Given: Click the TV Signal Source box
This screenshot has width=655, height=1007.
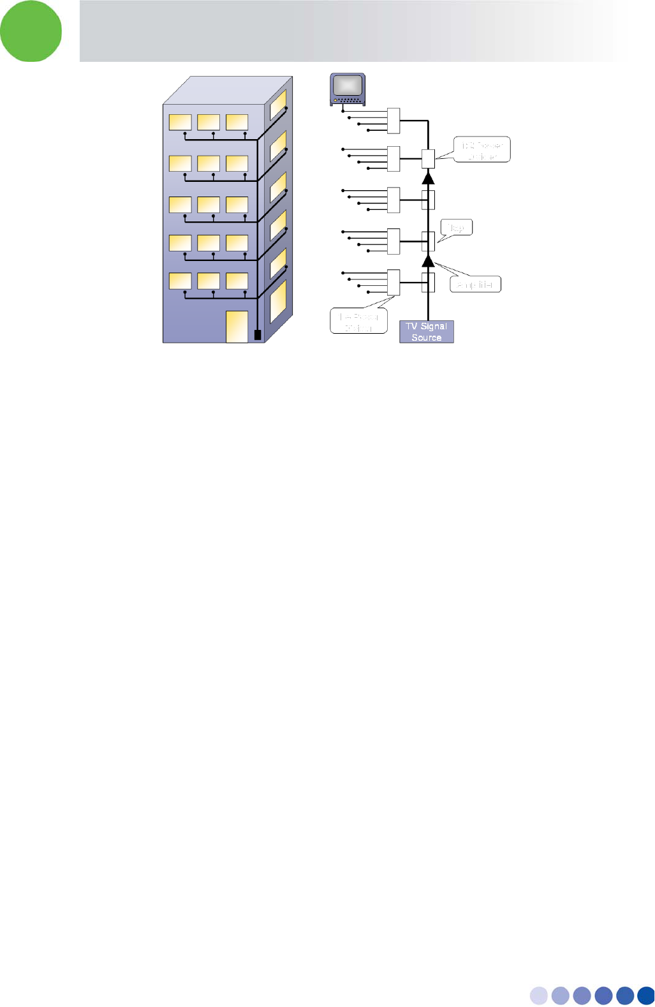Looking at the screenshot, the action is [426, 332].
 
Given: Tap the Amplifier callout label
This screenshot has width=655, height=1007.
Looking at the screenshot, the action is [475, 285].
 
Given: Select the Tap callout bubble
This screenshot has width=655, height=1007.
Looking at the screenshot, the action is [456, 227].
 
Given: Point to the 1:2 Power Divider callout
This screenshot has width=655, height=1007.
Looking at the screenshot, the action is [482, 150].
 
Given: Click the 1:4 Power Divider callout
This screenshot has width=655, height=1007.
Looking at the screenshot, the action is [358, 321].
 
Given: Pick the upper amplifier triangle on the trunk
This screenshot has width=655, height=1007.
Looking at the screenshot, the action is [428, 177].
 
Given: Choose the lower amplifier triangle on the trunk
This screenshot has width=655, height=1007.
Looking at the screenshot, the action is [428, 260].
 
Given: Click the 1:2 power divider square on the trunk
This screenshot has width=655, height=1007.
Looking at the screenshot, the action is [428, 158].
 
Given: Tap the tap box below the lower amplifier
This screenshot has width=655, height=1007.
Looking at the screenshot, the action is [428, 282].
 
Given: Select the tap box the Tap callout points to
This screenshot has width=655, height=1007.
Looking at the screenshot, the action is [428, 241].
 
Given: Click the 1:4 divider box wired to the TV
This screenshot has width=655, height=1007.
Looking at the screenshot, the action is [394, 121].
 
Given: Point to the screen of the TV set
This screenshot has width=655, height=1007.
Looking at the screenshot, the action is [347, 86].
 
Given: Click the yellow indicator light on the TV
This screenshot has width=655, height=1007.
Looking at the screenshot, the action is [335, 100].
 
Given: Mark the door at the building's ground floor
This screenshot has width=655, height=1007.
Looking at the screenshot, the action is [237, 326].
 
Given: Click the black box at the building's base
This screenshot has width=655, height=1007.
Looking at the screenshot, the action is [258, 334].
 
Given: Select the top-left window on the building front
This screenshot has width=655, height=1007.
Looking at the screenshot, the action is [180, 122].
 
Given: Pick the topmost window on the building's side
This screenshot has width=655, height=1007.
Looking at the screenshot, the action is [277, 105].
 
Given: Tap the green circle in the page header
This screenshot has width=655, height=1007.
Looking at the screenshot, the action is [31, 31].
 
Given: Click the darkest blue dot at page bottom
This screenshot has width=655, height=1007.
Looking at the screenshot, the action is [645, 996].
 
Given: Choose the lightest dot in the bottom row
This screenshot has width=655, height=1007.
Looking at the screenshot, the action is [539, 996].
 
